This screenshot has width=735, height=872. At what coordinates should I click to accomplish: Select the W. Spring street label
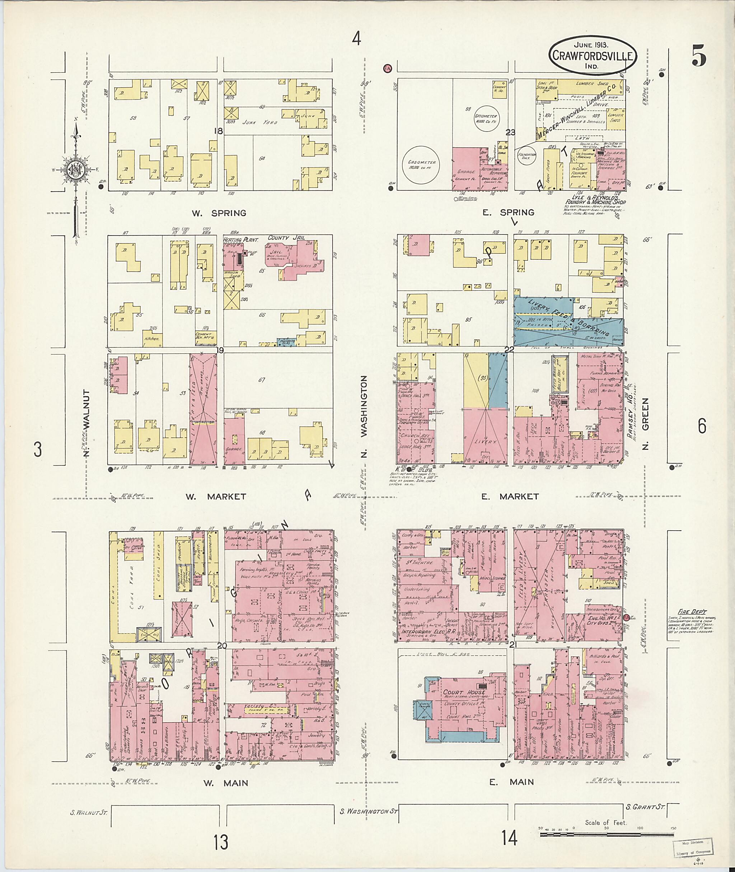coord(219,213)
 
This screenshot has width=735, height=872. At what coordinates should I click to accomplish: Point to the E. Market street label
coord(510,496)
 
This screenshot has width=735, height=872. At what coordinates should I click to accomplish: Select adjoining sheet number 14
coord(509,838)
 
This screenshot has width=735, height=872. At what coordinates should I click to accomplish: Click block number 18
coord(218,131)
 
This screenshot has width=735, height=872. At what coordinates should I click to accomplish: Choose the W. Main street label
coord(225,783)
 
